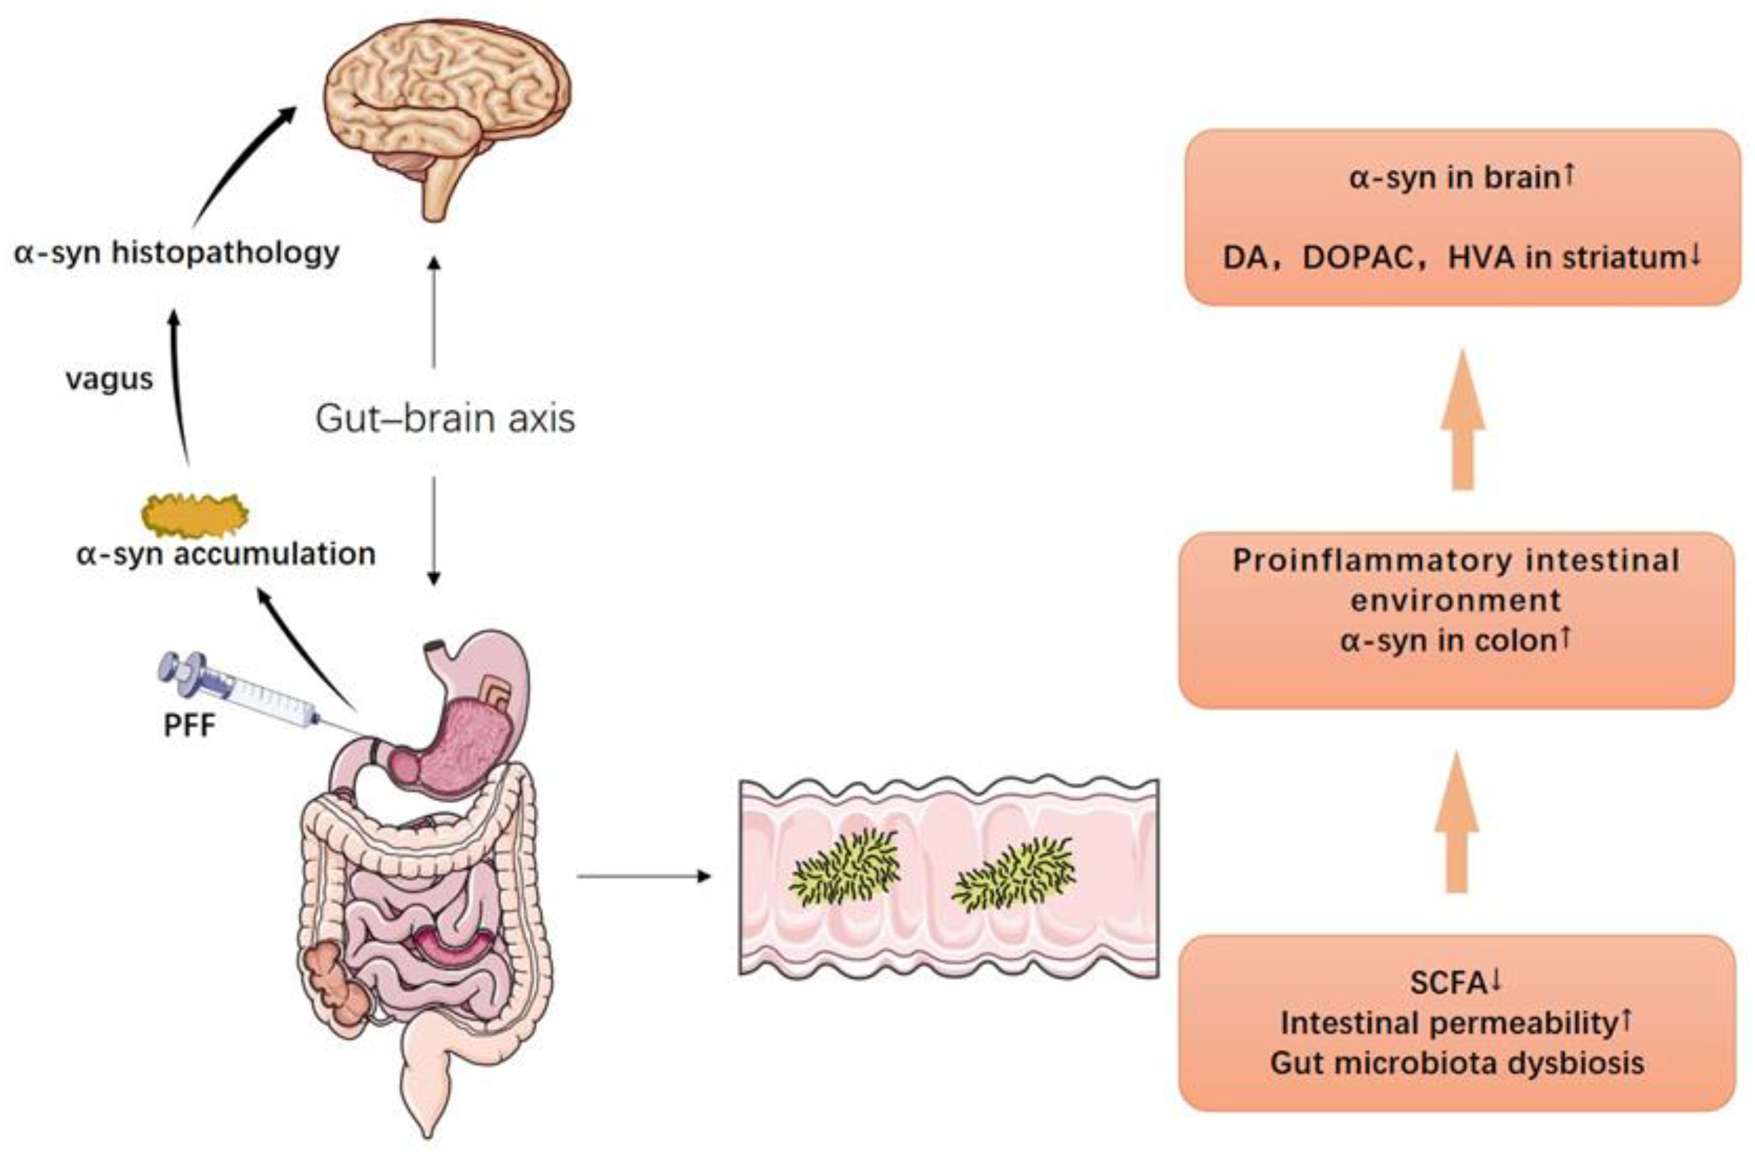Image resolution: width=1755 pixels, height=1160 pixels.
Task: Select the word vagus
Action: [109, 379]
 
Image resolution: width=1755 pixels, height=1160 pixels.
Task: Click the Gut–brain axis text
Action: [445, 419]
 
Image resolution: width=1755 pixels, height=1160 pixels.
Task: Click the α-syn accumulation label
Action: [226, 553]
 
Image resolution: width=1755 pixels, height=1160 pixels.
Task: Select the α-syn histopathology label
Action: [176, 253]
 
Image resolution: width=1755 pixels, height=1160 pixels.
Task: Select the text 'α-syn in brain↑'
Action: [1461, 177]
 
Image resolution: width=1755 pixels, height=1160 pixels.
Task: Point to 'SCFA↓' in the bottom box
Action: [1455, 983]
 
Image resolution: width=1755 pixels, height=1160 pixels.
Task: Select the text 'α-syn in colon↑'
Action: [1455, 640]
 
